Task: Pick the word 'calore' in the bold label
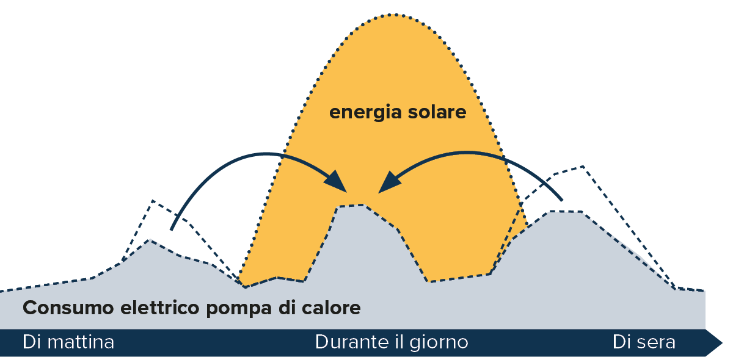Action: point(330,308)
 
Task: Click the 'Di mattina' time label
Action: point(68,342)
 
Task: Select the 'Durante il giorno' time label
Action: point(392,342)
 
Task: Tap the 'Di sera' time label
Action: point(644,342)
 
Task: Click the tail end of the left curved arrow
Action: point(172,229)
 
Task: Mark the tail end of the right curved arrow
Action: point(561,199)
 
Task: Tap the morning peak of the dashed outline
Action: point(152,200)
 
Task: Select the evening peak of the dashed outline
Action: point(583,165)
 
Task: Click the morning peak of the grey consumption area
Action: point(150,240)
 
